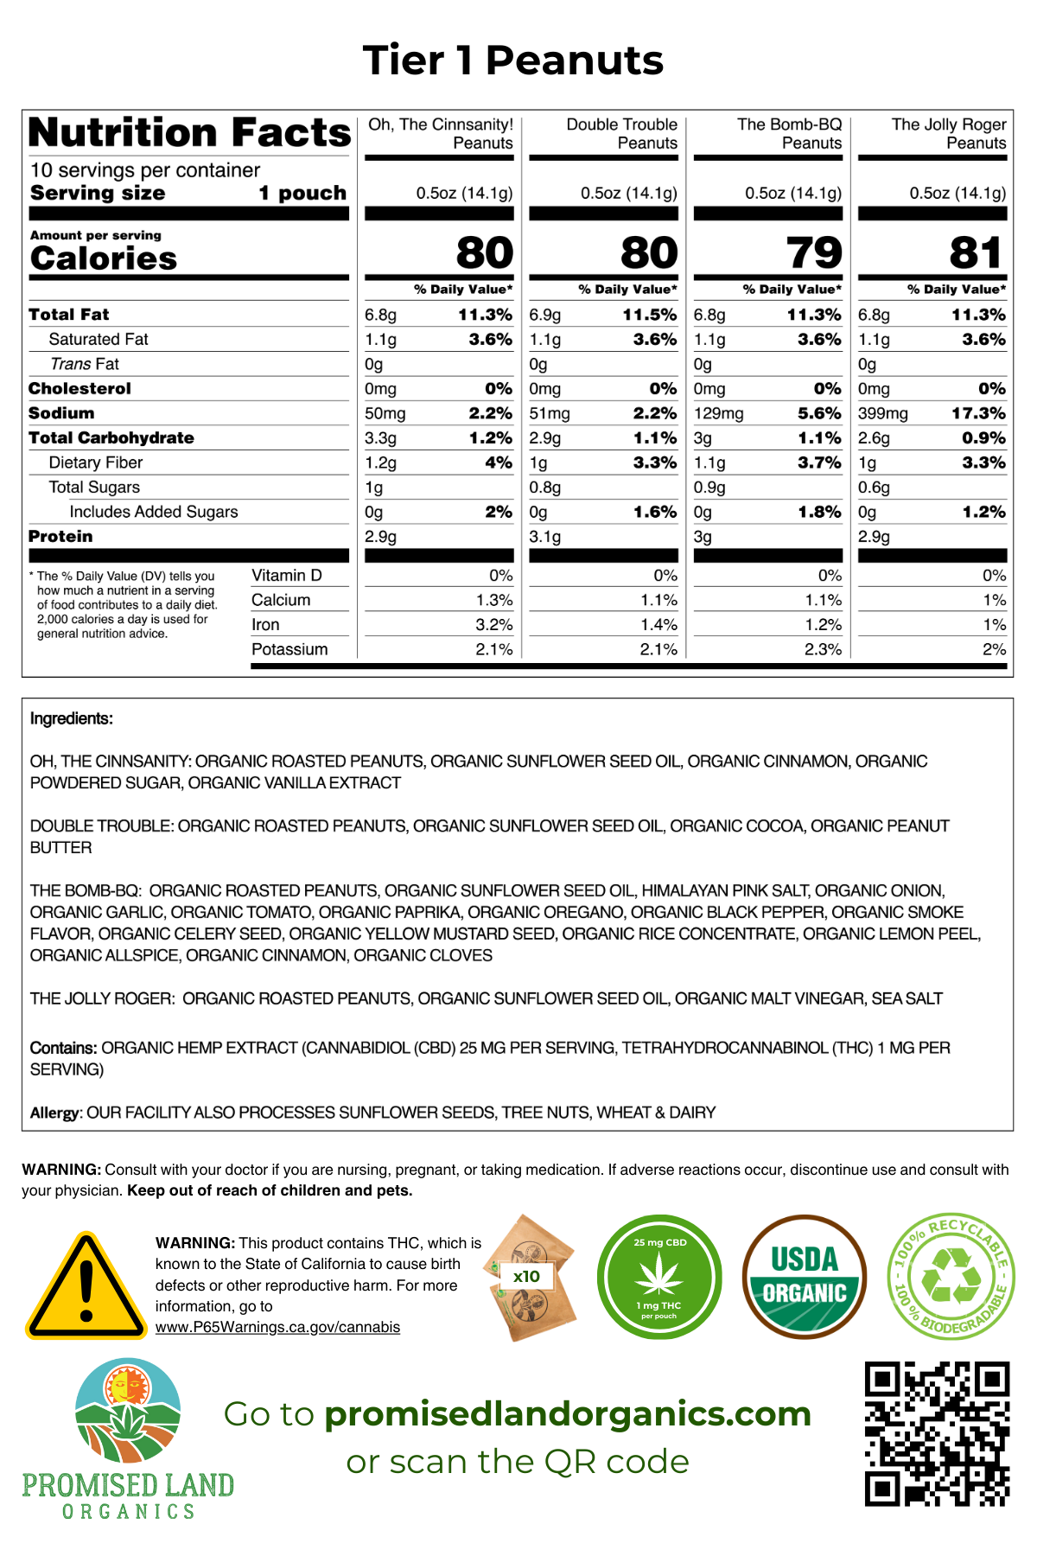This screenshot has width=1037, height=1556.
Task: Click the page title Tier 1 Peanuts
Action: (513, 61)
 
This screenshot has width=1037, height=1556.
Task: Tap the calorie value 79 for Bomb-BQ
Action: (813, 252)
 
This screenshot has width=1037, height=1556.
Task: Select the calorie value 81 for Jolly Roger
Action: (977, 252)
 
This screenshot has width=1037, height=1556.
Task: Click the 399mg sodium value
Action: (882, 414)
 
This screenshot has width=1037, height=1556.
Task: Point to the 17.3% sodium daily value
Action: (978, 414)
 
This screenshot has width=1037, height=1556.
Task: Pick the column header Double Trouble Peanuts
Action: (621, 134)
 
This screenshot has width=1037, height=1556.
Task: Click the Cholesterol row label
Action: (80, 389)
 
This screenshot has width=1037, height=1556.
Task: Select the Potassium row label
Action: (289, 649)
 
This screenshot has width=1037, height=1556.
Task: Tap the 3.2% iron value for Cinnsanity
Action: (494, 625)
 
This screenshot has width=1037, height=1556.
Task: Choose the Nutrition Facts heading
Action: (190, 132)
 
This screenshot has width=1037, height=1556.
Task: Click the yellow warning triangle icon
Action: (86, 1286)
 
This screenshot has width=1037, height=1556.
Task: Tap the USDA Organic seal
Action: (804, 1277)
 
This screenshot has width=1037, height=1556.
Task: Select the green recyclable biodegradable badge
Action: (950, 1276)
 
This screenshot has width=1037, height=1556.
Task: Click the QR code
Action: (937, 1434)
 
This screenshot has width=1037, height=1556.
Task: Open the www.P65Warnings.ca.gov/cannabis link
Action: (277, 1327)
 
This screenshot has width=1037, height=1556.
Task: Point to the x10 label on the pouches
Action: (526, 1276)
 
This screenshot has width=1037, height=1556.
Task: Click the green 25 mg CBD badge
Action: (659, 1277)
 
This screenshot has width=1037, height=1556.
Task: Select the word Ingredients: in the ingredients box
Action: (71, 718)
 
